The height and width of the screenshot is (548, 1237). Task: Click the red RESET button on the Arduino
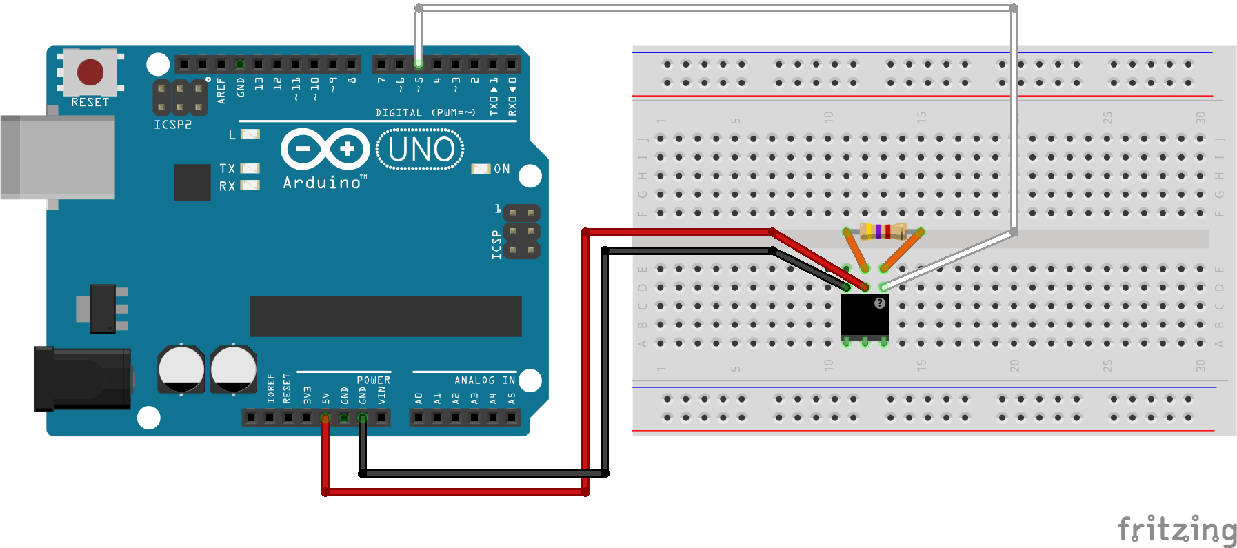pos(90,72)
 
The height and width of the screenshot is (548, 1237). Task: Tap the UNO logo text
pos(421,150)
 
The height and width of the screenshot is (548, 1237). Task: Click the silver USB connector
pos(58,157)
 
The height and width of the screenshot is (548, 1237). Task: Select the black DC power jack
pos(83,378)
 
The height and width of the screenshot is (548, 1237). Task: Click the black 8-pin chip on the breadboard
pos(865,316)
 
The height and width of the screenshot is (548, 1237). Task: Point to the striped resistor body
pos(883,231)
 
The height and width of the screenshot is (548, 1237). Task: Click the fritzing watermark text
pos(1176,529)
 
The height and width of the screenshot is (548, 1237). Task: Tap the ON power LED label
pos(501,169)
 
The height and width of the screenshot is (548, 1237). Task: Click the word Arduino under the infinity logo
pos(322,183)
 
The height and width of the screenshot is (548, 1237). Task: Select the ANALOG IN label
pos(484,380)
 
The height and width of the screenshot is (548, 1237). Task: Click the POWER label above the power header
pos(373,380)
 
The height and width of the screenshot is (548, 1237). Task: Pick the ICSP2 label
pos(172,125)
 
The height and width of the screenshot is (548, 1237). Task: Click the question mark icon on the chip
pos(879,303)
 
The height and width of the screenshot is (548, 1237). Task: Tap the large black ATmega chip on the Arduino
pos(385,316)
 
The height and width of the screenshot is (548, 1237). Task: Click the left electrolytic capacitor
pos(181,369)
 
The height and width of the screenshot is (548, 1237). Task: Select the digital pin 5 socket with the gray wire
pos(419,64)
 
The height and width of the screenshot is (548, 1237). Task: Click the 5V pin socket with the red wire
pos(325,418)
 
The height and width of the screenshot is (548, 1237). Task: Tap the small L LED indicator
pos(250,134)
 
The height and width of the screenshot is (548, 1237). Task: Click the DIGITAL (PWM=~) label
pos(425,112)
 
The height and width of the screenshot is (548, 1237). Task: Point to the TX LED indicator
pos(250,168)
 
